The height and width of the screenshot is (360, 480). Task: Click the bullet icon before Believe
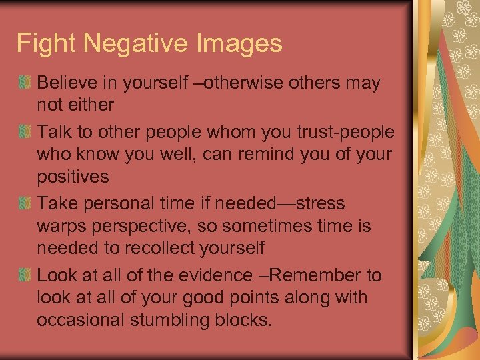tap(25, 83)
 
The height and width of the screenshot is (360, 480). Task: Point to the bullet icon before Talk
tap(25, 132)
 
